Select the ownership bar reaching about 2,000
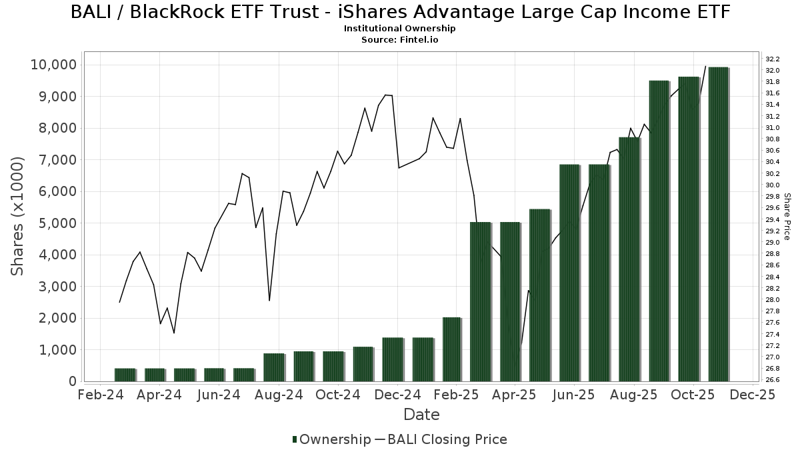pos(451,349)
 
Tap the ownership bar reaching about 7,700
pos(629,259)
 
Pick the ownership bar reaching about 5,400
pos(540,295)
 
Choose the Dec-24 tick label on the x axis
pos(397,395)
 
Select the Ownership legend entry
pos(331,439)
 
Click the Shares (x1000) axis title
pos(18,216)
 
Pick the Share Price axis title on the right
pos(787,216)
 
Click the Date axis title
pos(421,415)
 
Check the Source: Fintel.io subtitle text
pos(399,39)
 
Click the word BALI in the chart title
pos(92,12)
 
